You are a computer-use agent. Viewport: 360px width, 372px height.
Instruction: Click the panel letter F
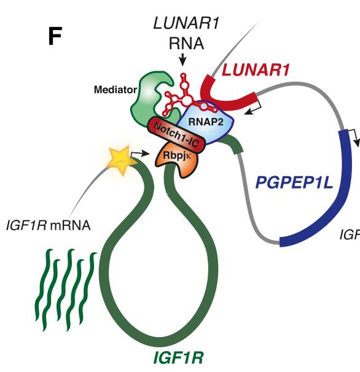(55, 37)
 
